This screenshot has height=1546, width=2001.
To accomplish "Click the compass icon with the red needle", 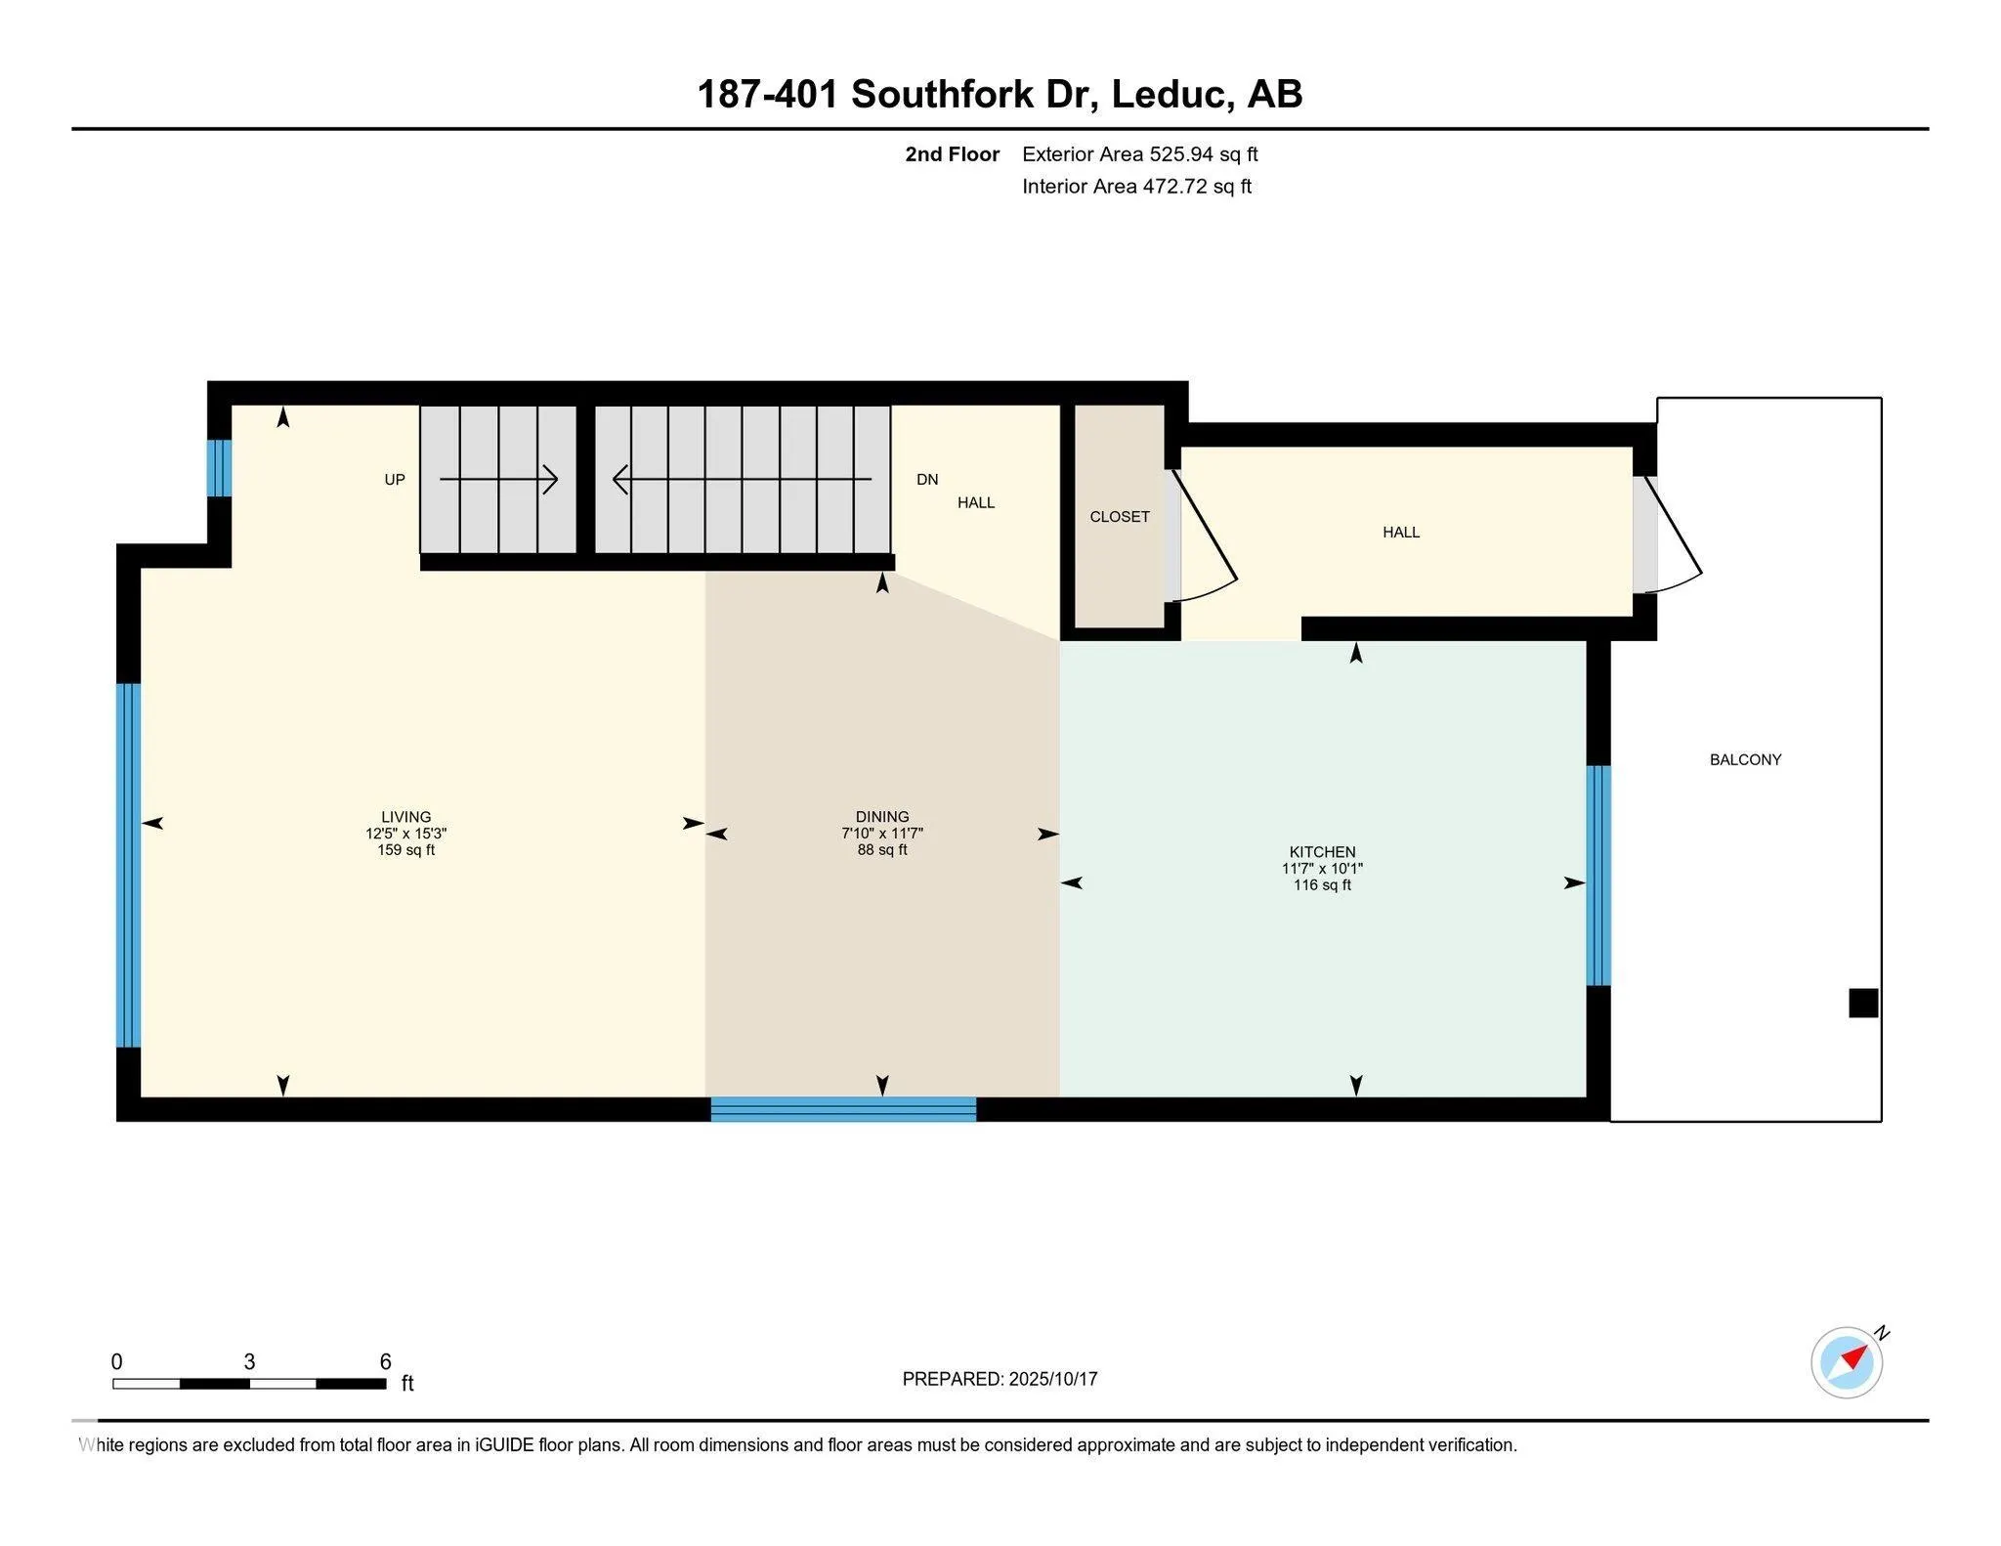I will (1846, 1361).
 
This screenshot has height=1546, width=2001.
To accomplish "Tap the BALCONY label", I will (1745, 759).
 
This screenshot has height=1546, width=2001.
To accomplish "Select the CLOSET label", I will (1120, 517).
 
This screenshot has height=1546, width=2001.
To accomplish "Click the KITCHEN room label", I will (1322, 851).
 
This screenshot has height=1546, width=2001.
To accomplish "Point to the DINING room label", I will (881, 817).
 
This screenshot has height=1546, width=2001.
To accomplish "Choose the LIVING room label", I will (405, 817).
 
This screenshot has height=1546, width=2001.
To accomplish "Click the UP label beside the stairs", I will (394, 480).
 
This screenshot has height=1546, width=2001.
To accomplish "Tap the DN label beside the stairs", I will (926, 480).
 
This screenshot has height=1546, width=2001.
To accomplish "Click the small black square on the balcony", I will (1862, 1004).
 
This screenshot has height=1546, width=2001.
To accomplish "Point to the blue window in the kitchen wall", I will (1597, 875).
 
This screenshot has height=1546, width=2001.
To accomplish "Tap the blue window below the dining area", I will (842, 1108).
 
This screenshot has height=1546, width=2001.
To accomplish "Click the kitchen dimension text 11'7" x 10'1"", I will (1322, 869).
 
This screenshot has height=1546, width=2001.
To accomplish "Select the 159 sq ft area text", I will (405, 850).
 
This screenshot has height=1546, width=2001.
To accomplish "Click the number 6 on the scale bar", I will (385, 1361).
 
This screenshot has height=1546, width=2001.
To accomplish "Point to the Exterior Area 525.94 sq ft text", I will (1139, 154).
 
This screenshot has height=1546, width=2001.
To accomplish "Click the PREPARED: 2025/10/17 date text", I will (1000, 1379).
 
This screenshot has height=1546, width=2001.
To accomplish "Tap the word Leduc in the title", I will (1167, 95).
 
